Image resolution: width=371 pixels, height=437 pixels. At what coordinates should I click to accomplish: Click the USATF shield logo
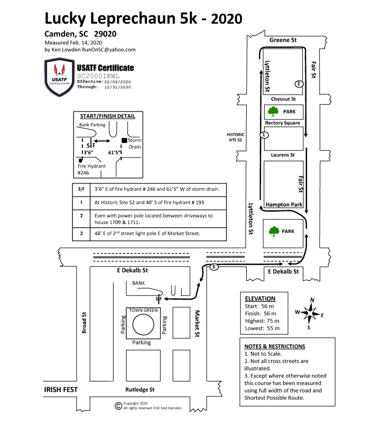[59, 77]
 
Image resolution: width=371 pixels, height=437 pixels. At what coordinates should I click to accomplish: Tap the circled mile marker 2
[299, 83]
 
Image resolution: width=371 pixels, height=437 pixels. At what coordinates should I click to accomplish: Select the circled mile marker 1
[264, 135]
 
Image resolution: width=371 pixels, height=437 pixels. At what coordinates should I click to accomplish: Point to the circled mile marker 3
[214, 267]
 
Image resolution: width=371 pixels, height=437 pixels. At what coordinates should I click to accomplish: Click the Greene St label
[283, 40]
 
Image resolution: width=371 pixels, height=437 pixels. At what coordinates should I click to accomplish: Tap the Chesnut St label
[283, 99]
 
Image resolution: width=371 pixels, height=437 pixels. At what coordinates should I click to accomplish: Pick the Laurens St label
[283, 155]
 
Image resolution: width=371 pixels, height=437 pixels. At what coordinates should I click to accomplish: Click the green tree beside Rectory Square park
[273, 111]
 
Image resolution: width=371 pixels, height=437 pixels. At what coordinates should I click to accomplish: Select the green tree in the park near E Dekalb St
[274, 231]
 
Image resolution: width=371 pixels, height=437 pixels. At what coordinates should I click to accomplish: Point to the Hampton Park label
[284, 204]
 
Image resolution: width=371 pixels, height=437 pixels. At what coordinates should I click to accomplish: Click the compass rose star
[310, 313]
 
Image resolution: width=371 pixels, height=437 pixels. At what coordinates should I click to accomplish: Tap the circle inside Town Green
[143, 324]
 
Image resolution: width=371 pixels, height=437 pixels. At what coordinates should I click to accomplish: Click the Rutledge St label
[140, 389]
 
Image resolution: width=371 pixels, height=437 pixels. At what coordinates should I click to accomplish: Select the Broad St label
[84, 322]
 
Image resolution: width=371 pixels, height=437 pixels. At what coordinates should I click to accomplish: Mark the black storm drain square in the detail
[124, 140]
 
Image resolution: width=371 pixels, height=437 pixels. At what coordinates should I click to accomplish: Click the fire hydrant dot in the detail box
[80, 160]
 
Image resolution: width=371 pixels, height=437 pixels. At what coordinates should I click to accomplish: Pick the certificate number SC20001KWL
[98, 76]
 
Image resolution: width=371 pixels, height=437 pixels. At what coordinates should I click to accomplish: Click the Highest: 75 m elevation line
[262, 321]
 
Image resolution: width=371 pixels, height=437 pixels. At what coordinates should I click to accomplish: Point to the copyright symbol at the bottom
[118, 406]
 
